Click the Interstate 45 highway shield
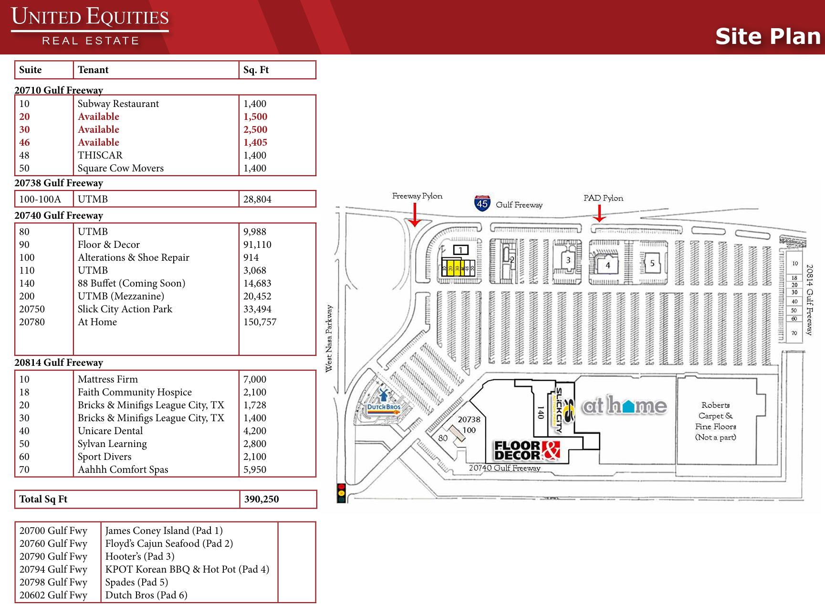[x=482, y=203]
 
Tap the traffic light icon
[x=341, y=492]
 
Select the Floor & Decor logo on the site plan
[x=527, y=450]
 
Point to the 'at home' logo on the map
[x=624, y=406]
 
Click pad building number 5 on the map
[x=652, y=263]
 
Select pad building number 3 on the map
[x=568, y=260]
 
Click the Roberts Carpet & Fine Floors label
[x=715, y=421]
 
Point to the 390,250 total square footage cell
[x=261, y=499]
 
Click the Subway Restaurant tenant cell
[x=118, y=104]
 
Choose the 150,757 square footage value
[x=260, y=322]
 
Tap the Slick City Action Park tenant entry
[x=125, y=309]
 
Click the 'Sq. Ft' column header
[x=256, y=70]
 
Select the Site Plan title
[x=767, y=36]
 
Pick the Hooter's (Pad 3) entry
[x=140, y=556]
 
